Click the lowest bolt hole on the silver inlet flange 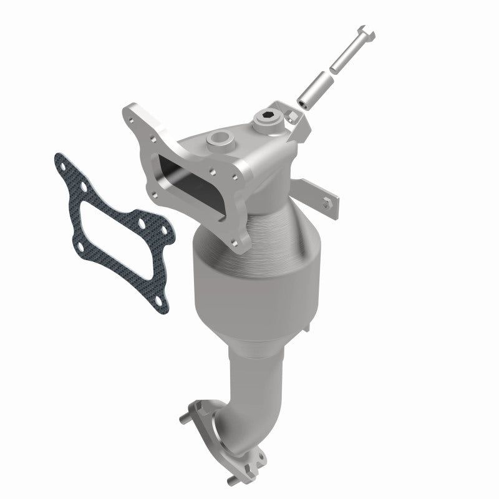pos(240,241)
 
